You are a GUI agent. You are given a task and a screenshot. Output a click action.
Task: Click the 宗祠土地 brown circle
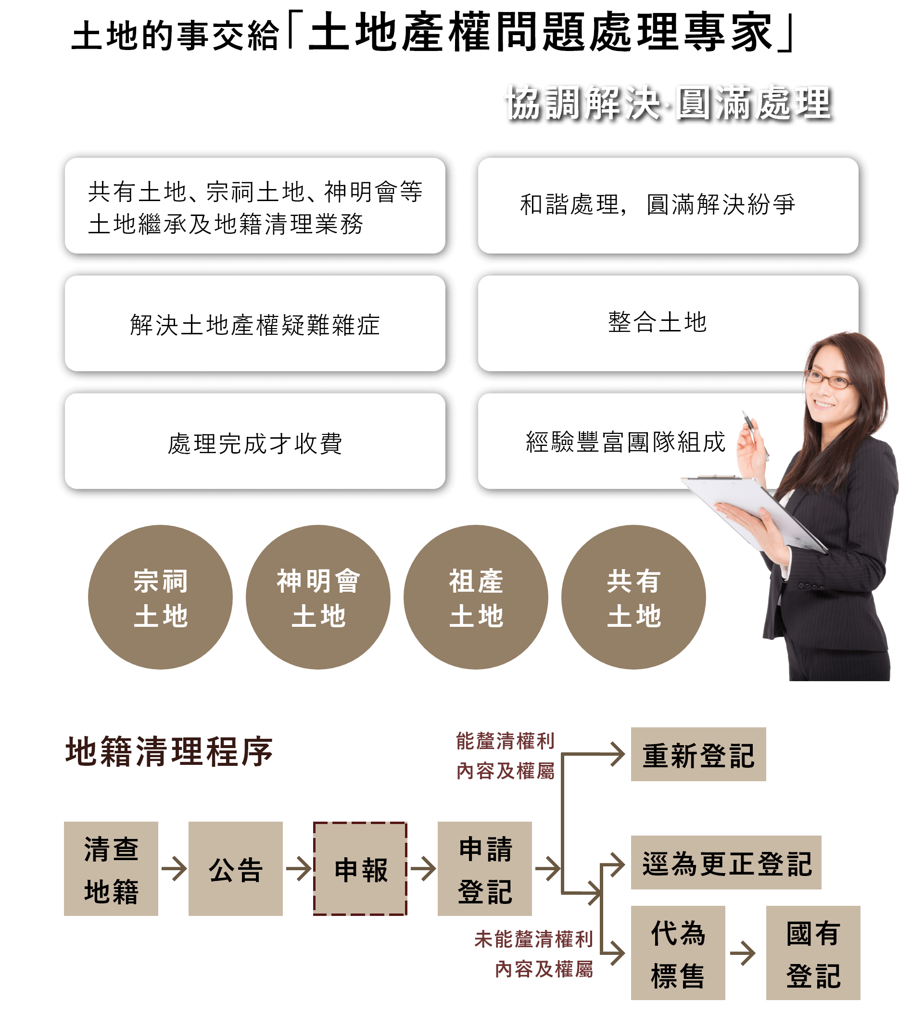(161, 597)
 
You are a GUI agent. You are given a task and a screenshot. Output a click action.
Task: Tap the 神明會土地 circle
(318, 597)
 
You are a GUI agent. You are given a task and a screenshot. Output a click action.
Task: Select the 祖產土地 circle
(476, 597)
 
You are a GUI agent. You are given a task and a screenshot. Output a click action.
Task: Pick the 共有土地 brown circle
(633, 597)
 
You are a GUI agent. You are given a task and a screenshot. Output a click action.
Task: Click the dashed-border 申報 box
(360, 869)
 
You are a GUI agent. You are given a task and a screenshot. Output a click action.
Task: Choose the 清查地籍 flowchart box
(111, 869)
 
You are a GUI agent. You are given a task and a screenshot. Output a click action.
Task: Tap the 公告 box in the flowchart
(236, 869)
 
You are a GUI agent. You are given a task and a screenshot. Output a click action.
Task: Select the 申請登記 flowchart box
(485, 869)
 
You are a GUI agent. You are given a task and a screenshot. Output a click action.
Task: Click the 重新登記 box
(698, 754)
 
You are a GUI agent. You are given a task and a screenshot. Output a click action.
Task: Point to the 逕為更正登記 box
(726, 863)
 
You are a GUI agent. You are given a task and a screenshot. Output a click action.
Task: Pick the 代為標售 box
(678, 953)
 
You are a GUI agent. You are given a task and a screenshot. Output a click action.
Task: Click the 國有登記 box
(813, 953)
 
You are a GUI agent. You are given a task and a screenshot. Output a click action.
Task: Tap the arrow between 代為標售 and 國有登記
(743, 953)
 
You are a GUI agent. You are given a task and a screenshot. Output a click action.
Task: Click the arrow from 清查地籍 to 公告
(174, 869)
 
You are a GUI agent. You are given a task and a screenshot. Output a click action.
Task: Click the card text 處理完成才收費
(255, 443)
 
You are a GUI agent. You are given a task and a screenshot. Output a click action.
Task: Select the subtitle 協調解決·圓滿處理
(669, 103)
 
